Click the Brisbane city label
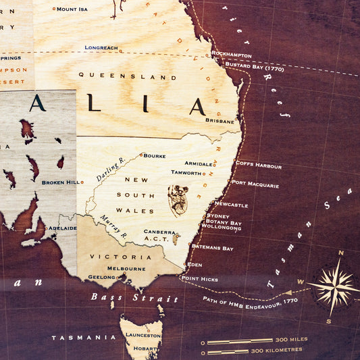[x=220, y=121]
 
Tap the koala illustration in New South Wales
[x=178, y=201]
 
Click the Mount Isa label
[x=72, y=9]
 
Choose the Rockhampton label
[x=231, y=55]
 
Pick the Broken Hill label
[x=59, y=182]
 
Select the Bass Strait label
[x=135, y=298]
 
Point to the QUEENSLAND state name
[x=127, y=76]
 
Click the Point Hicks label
[x=199, y=278]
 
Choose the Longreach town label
[x=101, y=48]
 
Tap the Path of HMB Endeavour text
[x=250, y=301]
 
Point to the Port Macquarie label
[x=255, y=183]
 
